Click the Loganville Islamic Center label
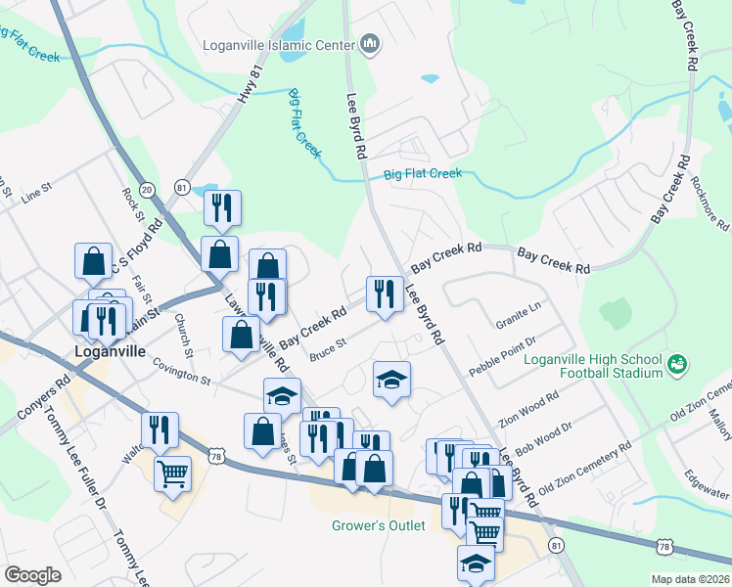[x=278, y=44]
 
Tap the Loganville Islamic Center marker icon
[x=370, y=44]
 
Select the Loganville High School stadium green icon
[x=675, y=365]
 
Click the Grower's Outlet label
[x=378, y=526]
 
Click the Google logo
[x=32, y=575]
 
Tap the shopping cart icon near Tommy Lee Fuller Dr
[x=172, y=474]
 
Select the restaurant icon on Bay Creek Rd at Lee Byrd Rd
[x=384, y=293]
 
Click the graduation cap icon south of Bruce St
[x=391, y=380]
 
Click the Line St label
[x=35, y=193]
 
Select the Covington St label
[x=182, y=371]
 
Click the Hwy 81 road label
[x=252, y=87]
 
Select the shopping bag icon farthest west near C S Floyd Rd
[x=93, y=261]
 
